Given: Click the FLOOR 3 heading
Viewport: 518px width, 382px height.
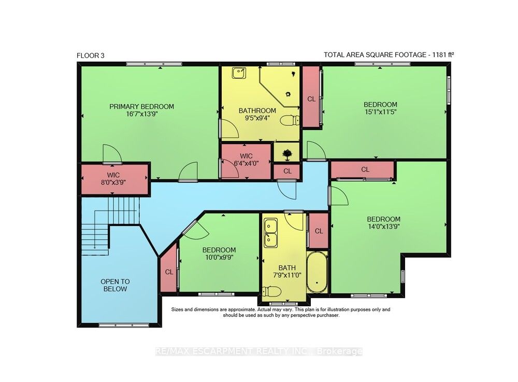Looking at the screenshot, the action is tap(91, 55).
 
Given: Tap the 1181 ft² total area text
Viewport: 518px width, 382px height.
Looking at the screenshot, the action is tap(443, 54).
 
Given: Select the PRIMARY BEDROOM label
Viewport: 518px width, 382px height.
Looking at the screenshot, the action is tap(142, 106).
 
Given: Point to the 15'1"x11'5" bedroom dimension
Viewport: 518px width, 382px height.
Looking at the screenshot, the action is tap(380, 111).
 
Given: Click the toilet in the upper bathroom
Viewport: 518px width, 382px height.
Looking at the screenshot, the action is tap(290, 121).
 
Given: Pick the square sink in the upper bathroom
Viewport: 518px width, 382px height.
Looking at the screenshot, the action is tap(239, 73).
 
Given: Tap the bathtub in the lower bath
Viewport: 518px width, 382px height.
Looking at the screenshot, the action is tap(316, 272).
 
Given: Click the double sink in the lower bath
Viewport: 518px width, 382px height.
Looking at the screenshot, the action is tap(270, 232).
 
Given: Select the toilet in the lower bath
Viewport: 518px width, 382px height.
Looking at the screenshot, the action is tap(271, 292).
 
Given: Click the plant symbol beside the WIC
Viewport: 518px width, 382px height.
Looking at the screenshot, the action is tap(286, 154).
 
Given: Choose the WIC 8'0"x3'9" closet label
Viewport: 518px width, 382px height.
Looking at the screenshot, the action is tap(113, 178).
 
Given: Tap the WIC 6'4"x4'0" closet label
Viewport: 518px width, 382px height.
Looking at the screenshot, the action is tap(246, 160).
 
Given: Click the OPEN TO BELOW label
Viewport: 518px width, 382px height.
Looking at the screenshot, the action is tap(115, 285).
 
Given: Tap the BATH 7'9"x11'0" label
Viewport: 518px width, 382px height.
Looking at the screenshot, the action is tap(287, 271).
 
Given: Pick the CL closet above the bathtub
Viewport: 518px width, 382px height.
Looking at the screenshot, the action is tap(319, 231).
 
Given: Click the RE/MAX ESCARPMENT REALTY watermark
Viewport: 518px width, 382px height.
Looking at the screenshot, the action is tap(258, 351).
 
